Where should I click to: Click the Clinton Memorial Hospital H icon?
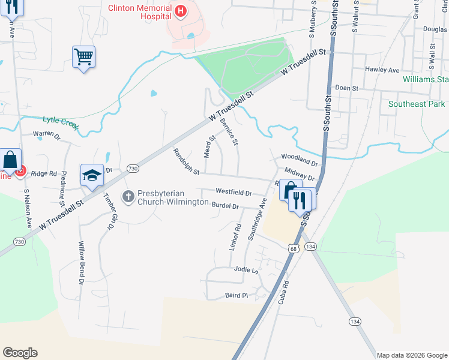pos(179,10)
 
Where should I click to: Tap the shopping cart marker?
pos(84,57)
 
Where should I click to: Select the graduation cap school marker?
pos(92,175)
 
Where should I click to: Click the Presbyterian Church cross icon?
pos(127,196)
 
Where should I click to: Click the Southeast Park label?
pos(417,104)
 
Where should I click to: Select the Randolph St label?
pos(187,163)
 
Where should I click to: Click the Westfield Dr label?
pos(234,192)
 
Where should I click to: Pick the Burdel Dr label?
pos(226,206)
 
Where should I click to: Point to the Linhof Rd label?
pos(234,237)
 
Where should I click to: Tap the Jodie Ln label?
pos(246,269)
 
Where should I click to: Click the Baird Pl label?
pos(237,295)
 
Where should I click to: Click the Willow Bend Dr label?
pos(81,263)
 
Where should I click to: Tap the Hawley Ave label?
pos(382,70)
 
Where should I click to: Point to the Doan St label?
pos(347,88)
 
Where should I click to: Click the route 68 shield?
pos(293,247)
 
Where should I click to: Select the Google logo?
pos(20,353)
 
